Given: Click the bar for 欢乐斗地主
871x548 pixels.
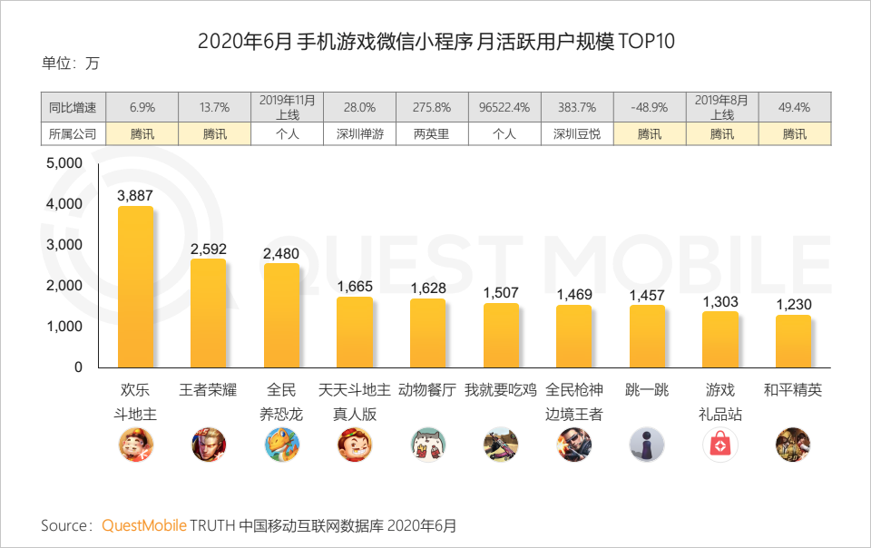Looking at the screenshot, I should [136, 286].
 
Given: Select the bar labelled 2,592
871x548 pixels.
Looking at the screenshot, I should [209, 312].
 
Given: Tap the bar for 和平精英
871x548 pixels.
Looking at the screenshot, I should [793, 340].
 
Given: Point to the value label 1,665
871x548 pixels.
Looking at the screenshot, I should [355, 287].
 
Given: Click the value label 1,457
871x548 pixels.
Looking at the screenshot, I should [647, 296].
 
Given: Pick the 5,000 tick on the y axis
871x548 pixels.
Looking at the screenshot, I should [64, 163].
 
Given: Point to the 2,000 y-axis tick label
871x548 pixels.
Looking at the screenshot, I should [64, 286].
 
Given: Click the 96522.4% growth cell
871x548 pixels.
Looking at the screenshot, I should [504, 107].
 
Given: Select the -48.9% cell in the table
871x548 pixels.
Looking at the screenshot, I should [650, 107].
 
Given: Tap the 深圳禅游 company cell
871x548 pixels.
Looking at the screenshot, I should [359, 133].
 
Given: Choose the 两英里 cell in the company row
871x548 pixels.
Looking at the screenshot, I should [432, 133].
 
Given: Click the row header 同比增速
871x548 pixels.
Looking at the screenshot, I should [73, 107].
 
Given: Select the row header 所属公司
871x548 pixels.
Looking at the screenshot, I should [73, 133].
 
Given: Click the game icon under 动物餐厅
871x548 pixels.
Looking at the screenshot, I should [427, 445].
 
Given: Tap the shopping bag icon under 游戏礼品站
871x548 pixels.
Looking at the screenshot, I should [720, 445].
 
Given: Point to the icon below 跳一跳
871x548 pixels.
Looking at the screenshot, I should [647, 445].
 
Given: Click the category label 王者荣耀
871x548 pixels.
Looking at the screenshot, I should [209, 391].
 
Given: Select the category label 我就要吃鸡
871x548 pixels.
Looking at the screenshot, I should [501, 391].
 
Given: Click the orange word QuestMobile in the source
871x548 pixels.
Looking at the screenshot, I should [144, 525].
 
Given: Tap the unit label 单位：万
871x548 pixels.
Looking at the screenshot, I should [71, 64].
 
